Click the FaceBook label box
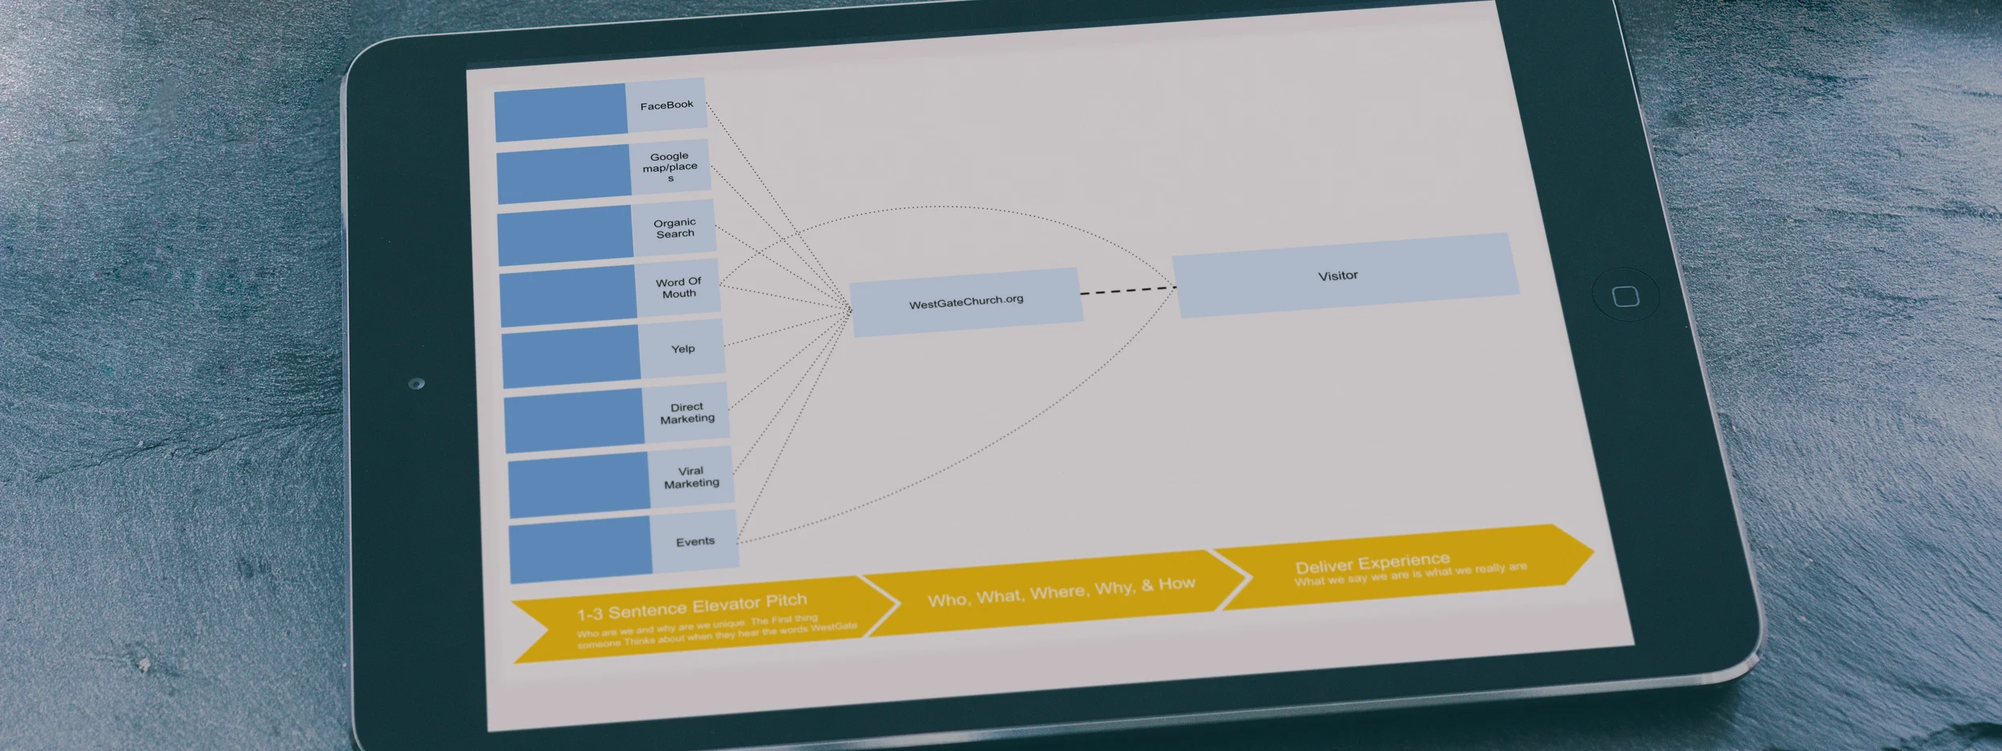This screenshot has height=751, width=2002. coord(666,105)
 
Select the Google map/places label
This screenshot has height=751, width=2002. coord(670,167)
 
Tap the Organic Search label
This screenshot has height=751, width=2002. coord(674,228)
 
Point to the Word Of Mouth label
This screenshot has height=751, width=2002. coord(678,287)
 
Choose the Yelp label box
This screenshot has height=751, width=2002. coord(682,348)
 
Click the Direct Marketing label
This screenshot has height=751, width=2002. coord(687,412)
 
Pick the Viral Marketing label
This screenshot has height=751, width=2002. coord(691,477)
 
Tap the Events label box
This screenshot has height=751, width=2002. coord(694,541)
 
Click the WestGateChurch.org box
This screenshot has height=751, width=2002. coord(966,302)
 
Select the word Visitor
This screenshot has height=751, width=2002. coord(1337,275)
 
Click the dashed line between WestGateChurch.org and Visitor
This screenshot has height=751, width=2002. coord(1128,290)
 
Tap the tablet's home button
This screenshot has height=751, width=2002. coord(1625,296)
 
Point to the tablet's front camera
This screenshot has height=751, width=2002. coord(416,384)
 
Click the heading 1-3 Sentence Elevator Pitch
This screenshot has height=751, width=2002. coord(692,606)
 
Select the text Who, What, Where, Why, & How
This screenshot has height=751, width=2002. coord(1061,592)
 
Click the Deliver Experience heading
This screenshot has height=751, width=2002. coord(1373,562)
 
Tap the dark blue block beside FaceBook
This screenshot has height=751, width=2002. coord(561,112)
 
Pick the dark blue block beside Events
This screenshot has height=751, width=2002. coord(581,548)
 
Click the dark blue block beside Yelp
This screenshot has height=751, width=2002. coord(571,355)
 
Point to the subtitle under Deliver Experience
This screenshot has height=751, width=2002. coord(1410,574)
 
